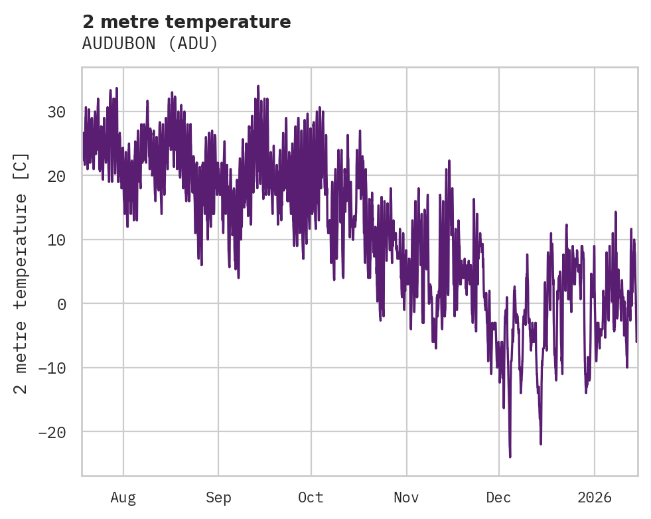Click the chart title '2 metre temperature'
pyautogui.click(x=186, y=22)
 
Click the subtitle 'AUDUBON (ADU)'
pyautogui.click(x=150, y=44)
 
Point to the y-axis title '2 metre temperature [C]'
pyautogui.click(x=21, y=273)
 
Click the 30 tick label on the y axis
pyautogui.click(x=56, y=112)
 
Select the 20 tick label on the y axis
pyautogui.click(x=56, y=176)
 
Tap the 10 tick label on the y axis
pyautogui.click(x=56, y=240)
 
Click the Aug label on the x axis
pyautogui.click(x=123, y=498)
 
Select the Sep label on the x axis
pyautogui.click(x=218, y=498)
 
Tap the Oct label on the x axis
pyautogui.click(x=311, y=498)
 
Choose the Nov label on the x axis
pyautogui.click(x=406, y=498)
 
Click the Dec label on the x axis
pyautogui.click(x=498, y=498)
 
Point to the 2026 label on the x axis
pyautogui.click(x=595, y=498)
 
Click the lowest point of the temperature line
pyautogui.click(x=510, y=457)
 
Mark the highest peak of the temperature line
pyautogui.click(x=258, y=86)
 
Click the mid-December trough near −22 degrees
pyautogui.click(x=541, y=443)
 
